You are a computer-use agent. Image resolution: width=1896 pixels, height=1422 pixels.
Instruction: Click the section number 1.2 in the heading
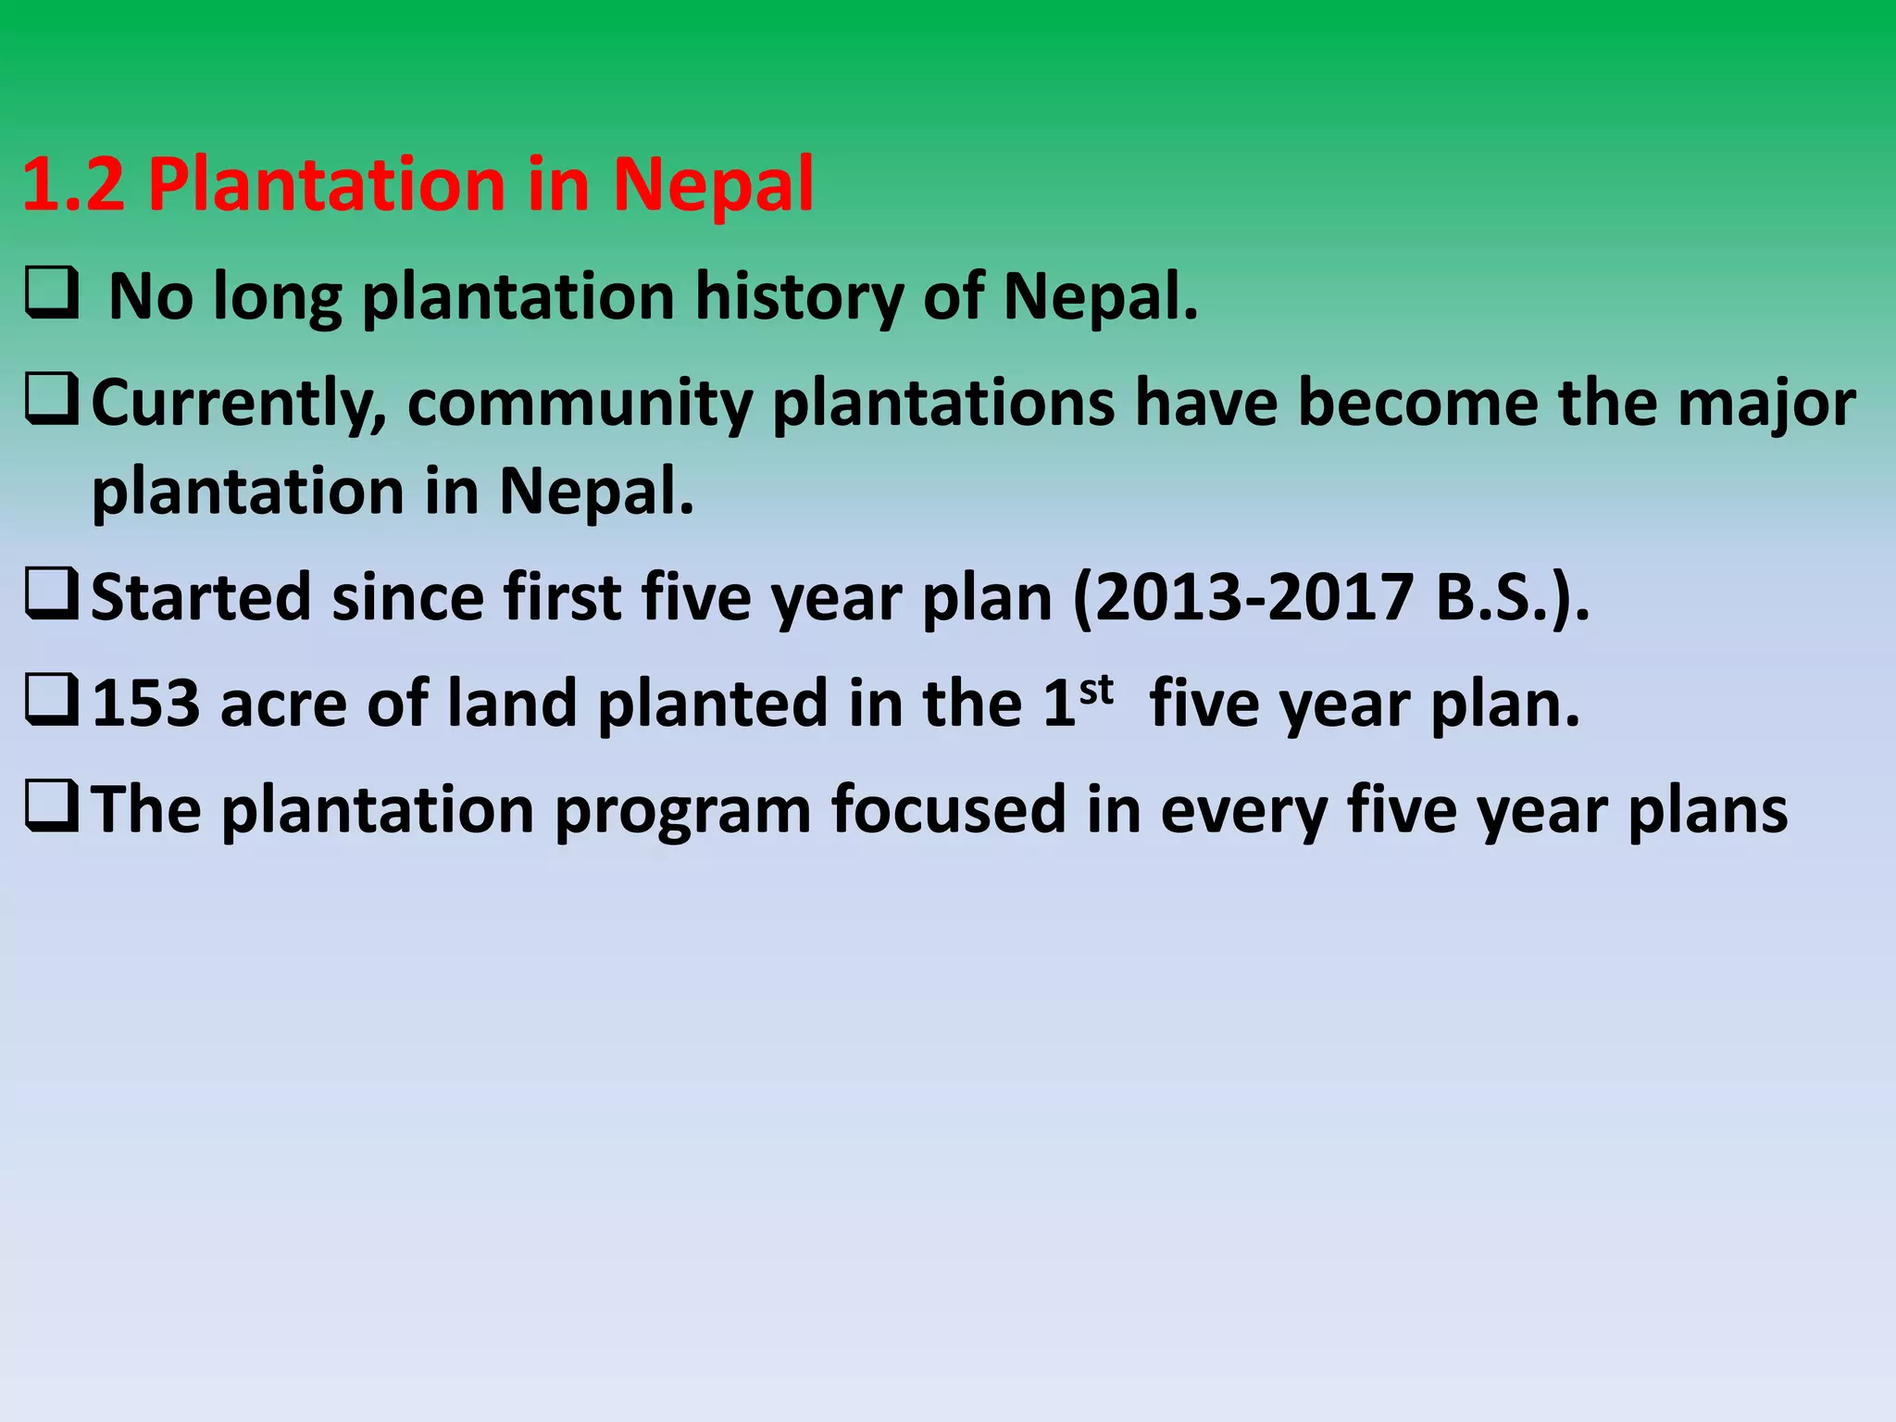point(72,184)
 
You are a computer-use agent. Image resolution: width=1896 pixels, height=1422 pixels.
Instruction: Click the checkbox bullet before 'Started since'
point(51,596)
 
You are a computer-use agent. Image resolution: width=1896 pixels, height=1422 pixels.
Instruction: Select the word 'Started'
point(201,597)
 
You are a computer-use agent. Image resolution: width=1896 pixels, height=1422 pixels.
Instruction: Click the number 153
point(146,704)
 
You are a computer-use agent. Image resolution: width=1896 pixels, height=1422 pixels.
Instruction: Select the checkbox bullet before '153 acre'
point(51,702)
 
